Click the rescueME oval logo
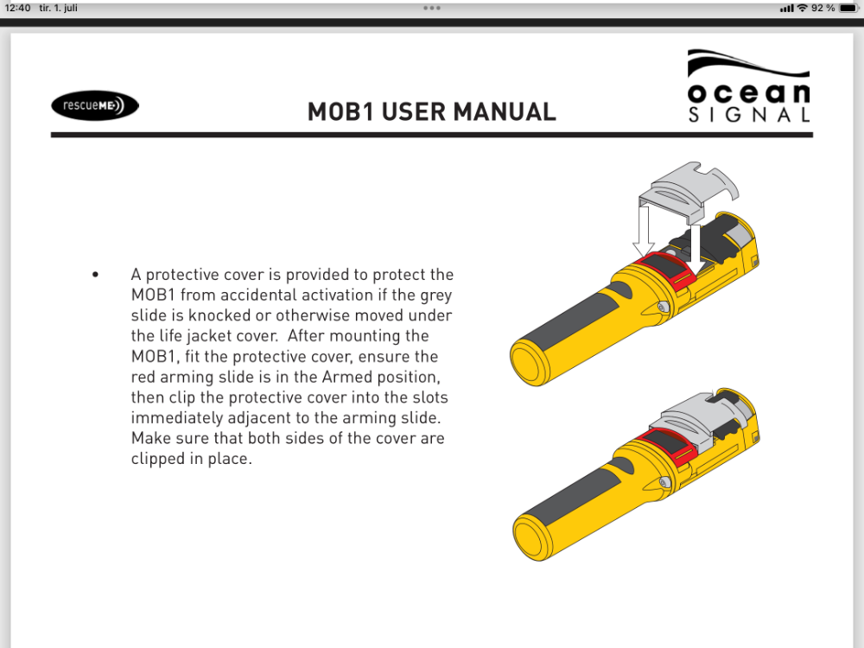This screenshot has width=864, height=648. (x=95, y=105)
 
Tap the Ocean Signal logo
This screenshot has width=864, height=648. (x=749, y=86)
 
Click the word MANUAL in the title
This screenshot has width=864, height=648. (x=505, y=111)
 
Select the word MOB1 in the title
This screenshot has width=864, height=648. (x=340, y=111)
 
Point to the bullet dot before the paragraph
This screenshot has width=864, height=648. (x=95, y=274)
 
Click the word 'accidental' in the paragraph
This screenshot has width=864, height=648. (x=289, y=295)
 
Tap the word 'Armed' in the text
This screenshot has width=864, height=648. (x=346, y=377)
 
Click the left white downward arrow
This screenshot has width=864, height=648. (x=643, y=232)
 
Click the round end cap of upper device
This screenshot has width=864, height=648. (x=531, y=361)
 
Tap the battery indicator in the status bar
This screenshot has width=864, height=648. (x=848, y=8)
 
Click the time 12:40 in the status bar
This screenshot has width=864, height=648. (x=17, y=8)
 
